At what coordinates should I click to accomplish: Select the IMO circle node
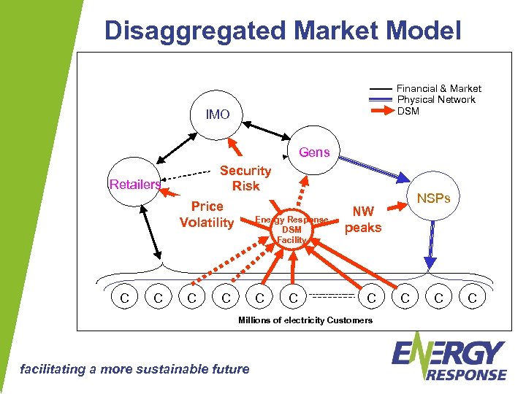point(218,115)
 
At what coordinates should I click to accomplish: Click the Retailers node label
point(134,185)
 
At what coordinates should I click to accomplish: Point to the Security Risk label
point(245,178)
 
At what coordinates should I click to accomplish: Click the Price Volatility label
point(207,215)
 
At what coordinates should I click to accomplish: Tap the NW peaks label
point(363,219)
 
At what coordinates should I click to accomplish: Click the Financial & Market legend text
point(438,88)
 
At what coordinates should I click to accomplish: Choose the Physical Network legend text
point(435,99)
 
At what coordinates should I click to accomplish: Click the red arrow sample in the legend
point(381,111)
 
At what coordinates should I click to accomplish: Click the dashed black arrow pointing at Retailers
point(194,175)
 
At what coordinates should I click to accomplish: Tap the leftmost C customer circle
point(124,298)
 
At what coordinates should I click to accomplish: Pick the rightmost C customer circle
point(472,298)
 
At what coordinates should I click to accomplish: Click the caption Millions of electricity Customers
point(305,320)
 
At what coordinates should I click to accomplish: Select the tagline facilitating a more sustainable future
point(133,368)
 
